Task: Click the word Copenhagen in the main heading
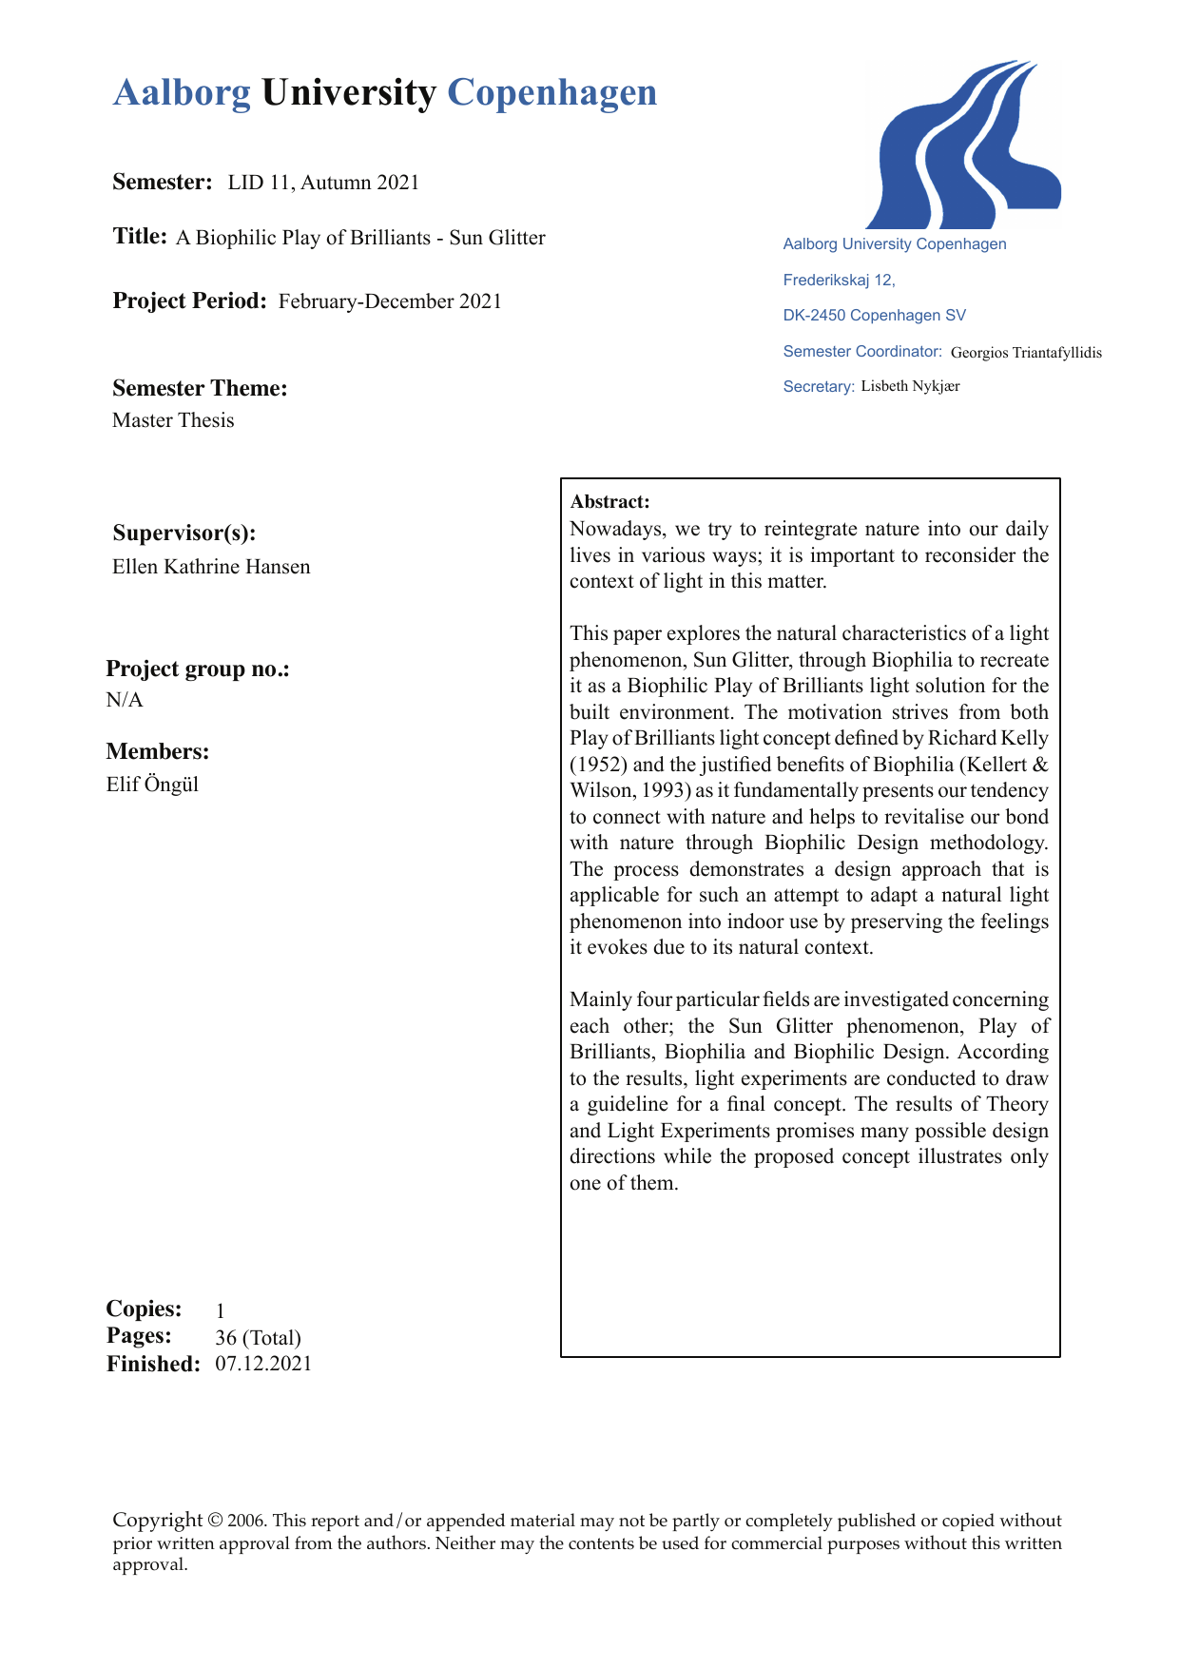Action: point(551,93)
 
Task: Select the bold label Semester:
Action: point(162,182)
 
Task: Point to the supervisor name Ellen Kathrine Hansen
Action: point(211,567)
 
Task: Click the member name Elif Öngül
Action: point(152,785)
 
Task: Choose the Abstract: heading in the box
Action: point(609,502)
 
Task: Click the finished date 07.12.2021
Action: point(263,1364)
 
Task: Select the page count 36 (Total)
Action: point(258,1337)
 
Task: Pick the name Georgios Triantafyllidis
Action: point(1026,353)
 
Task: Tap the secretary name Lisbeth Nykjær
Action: point(910,386)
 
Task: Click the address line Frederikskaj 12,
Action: point(839,280)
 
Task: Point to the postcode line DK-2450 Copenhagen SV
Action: point(874,316)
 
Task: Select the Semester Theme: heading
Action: point(200,388)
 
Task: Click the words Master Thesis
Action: point(173,420)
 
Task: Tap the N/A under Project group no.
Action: point(125,701)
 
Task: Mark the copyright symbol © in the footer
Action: point(216,1521)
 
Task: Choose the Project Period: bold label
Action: point(189,301)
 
